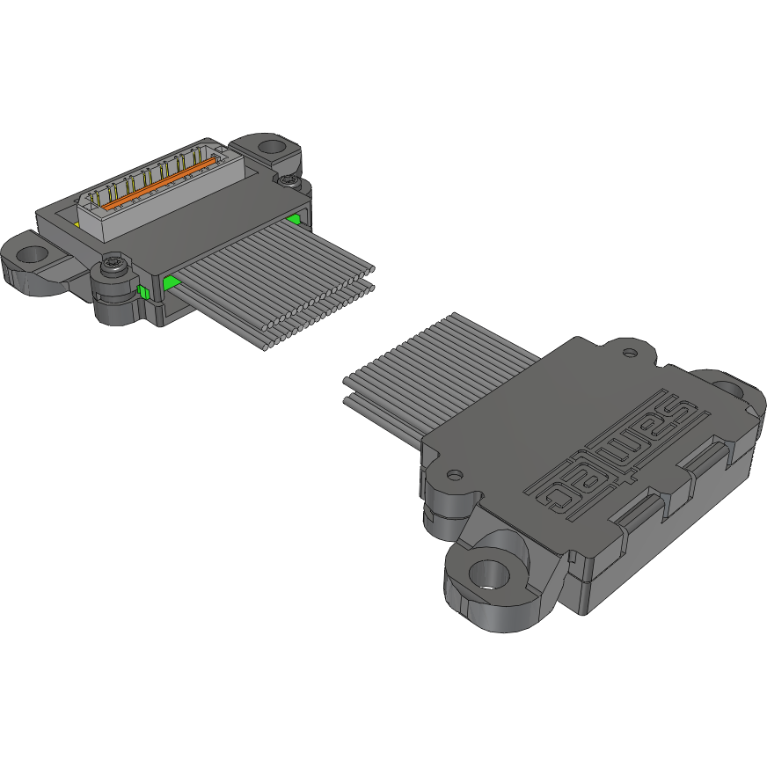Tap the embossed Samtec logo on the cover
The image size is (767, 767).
coord(619,449)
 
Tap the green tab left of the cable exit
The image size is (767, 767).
coord(170,281)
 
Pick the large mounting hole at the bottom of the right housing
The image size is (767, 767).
coord(486,576)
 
